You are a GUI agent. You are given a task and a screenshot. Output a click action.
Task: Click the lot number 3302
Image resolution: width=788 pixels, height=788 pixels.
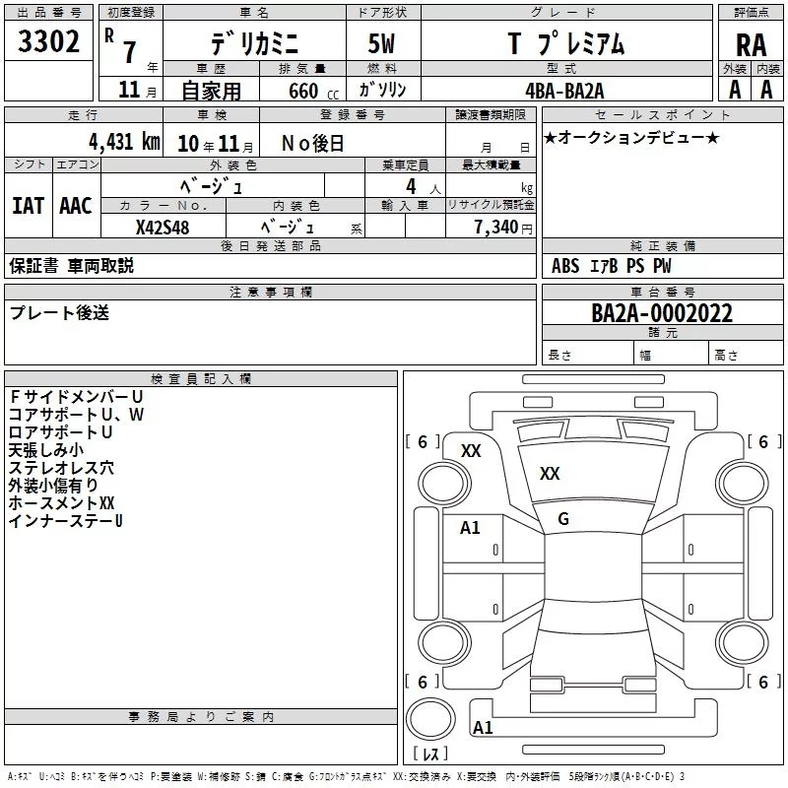coord(48,41)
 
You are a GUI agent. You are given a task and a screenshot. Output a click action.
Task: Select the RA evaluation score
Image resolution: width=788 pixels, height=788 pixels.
coord(752,45)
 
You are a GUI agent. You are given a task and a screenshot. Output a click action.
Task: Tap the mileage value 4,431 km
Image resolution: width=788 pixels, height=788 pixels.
coord(124,142)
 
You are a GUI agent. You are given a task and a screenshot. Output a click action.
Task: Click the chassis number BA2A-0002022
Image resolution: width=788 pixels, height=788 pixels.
coord(662,313)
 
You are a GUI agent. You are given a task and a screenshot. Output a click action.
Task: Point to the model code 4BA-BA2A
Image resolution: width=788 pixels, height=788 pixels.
coord(564,91)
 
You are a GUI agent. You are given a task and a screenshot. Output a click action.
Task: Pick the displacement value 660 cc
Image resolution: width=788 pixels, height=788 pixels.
coord(313,92)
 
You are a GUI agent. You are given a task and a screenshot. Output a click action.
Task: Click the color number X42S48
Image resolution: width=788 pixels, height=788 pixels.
coord(163,228)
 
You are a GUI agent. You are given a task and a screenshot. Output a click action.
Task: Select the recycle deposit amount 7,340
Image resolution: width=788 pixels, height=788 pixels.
coord(496,228)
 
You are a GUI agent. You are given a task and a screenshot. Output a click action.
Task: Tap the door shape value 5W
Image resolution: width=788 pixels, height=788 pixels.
coord(381,43)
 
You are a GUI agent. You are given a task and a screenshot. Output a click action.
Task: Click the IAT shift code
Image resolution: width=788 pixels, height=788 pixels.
coord(29,206)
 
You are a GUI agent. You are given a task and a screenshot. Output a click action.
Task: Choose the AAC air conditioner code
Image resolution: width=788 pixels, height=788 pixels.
coord(76,206)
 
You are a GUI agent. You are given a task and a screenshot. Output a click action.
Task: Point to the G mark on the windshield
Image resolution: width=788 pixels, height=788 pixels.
coord(563,519)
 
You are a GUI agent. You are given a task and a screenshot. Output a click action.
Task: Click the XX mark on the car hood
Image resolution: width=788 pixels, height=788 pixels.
coord(550,474)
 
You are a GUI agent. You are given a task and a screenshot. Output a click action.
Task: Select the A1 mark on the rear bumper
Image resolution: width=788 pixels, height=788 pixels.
coord(483,727)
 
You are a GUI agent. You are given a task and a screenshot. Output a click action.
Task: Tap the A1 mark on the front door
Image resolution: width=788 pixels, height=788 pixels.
coord(470,528)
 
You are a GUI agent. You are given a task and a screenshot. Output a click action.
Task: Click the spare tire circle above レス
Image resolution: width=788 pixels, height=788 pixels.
coord(430,719)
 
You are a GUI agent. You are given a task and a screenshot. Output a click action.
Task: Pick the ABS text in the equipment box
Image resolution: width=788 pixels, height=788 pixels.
coord(565,266)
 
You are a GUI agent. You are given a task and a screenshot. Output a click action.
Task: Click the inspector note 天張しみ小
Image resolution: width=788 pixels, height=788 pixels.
coord(46,450)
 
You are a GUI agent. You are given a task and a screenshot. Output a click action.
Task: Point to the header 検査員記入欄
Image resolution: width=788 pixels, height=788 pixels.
coord(201,379)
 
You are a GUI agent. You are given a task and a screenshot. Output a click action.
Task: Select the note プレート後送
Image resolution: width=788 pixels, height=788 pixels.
coord(59,313)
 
